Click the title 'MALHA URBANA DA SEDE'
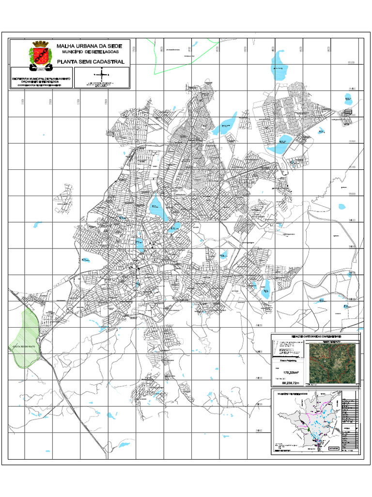tap(89, 46)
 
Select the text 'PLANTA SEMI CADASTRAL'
tap(91, 62)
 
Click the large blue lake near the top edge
tap(279, 61)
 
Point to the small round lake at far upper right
tap(347, 100)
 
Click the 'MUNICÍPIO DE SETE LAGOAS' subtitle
tap(89, 52)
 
